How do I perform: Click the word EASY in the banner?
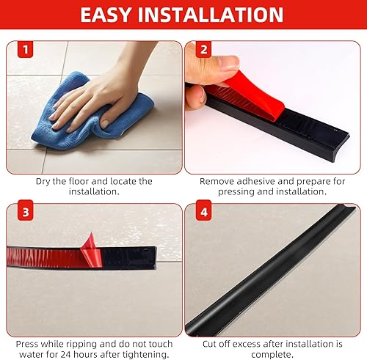point(105,15)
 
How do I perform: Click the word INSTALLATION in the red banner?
point(211,15)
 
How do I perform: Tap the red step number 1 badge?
point(26,50)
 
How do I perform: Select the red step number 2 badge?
point(203,50)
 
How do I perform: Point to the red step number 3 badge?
point(26,212)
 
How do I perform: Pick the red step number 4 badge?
point(203,212)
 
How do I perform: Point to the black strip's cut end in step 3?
point(155,258)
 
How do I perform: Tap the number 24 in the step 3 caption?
point(66,354)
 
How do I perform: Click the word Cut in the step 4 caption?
point(209,344)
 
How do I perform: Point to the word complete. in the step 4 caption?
point(272,355)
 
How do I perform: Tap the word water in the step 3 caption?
point(31,354)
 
